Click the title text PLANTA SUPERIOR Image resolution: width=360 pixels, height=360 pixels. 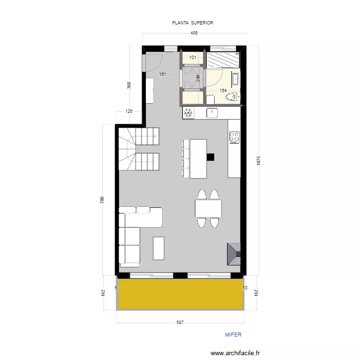[x=193, y=23]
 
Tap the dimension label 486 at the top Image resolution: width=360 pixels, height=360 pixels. [x=194, y=33]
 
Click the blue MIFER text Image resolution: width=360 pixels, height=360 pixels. [x=233, y=335]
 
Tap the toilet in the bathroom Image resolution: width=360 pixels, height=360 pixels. [x=232, y=97]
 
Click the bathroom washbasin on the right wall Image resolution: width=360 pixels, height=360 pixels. [x=235, y=78]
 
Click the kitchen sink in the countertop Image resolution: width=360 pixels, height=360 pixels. [x=212, y=113]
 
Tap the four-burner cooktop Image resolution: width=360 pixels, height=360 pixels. [x=234, y=137]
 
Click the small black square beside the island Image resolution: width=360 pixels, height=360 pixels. [x=210, y=156]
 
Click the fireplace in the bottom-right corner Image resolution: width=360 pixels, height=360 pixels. [x=234, y=252]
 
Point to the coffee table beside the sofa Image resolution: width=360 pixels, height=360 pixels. [x=158, y=248]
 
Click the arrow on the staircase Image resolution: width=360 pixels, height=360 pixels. [x=155, y=137]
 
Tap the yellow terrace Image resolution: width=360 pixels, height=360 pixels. [x=180, y=294]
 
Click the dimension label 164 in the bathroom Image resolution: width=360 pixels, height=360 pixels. [x=223, y=90]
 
